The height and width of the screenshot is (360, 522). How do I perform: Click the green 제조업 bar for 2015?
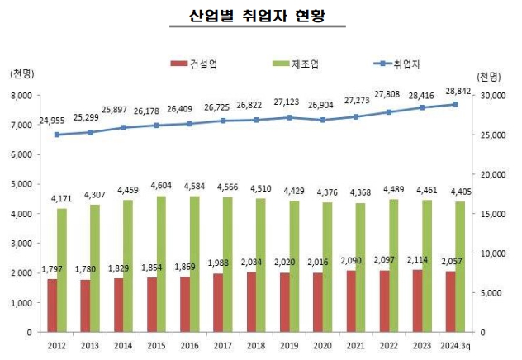pos(161,263)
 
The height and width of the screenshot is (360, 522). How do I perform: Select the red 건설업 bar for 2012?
pos(52,306)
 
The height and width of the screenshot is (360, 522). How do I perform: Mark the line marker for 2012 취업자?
pos(57,135)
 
